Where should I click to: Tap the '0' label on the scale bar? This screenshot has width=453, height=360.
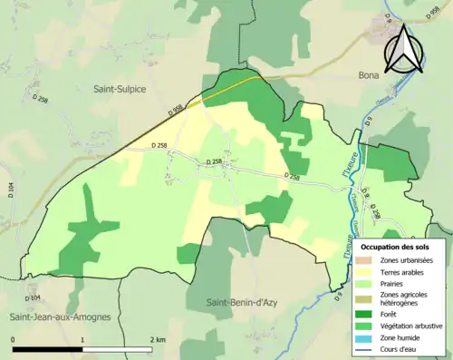point(14,339)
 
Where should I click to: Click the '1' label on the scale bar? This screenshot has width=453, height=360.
point(83,339)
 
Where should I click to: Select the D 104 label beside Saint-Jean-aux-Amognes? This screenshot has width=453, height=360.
point(33,297)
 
